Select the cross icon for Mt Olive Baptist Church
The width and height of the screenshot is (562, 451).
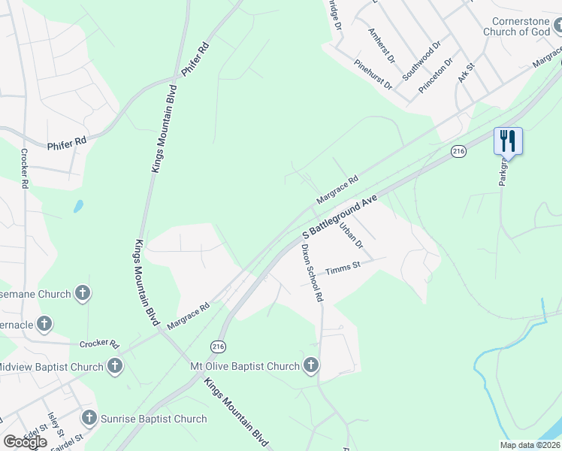(311, 366)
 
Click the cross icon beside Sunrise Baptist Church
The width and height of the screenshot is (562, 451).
(89, 419)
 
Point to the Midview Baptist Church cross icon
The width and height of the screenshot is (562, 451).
(114, 366)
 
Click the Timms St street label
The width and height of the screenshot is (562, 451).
(343, 268)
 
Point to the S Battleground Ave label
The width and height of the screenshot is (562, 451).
(339, 218)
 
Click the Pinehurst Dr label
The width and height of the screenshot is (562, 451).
(373, 74)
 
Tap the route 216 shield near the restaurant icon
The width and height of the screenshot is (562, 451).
(459, 152)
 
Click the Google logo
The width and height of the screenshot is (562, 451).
(26, 442)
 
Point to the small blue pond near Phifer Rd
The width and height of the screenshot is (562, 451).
(78, 206)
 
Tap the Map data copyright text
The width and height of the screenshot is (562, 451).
(530, 445)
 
